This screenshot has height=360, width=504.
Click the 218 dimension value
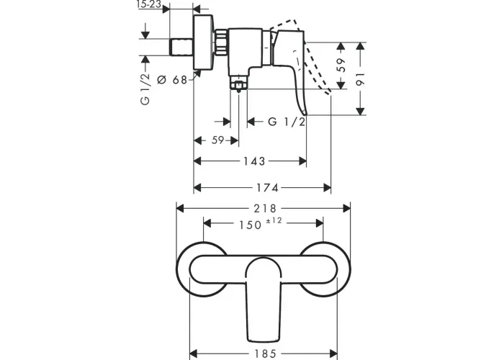[x=265, y=209]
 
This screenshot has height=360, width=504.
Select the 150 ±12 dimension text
[x=261, y=224]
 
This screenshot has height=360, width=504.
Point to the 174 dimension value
[x=267, y=188]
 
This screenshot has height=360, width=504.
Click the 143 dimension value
[x=254, y=161]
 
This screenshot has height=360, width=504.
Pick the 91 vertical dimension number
[x=361, y=79]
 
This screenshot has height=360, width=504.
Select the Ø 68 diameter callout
[x=172, y=79]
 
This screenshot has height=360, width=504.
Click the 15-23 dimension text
[x=148, y=4]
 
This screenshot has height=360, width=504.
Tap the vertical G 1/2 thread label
[x=145, y=89]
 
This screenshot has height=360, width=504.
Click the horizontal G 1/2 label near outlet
[x=287, y=122]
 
